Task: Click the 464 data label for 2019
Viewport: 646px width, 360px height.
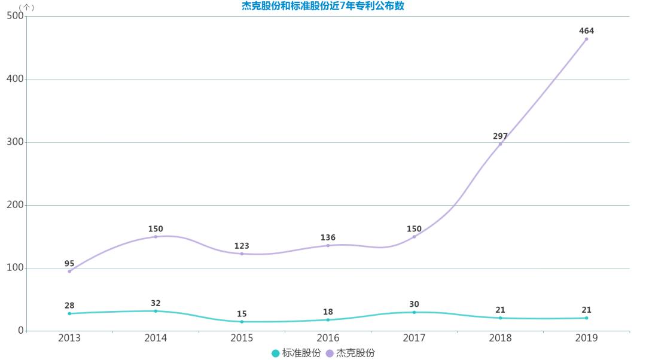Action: tap(586, 30)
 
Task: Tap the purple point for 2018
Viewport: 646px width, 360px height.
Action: tap(500, 144)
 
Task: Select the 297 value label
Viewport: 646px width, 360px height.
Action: tap(500, 136)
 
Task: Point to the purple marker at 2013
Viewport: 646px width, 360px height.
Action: tap(69, 271)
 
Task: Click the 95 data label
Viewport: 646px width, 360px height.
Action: tap(69, 263)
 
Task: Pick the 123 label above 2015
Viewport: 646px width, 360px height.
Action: tap(242, 246)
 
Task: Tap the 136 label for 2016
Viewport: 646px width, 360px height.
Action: tap(328, 237)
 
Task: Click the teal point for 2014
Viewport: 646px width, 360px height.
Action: tap(156, 311)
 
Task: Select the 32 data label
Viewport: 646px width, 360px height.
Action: tap(156, 303)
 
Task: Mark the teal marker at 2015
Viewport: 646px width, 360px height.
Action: tap(242, 322)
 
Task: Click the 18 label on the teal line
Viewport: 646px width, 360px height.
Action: tap(328, 312)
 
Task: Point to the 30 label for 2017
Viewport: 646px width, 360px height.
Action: tap(414, 304)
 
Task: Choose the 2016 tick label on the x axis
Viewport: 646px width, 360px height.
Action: tap(328, 338)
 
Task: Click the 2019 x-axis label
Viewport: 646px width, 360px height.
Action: tap(586, 338)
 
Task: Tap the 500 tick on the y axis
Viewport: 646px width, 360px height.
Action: tap(14, 16)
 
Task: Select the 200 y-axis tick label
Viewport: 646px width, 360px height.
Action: tap(14, 205)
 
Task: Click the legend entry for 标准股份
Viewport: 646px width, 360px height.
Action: tap(295, 353)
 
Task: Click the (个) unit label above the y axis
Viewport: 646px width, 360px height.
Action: tap(26, 7)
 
